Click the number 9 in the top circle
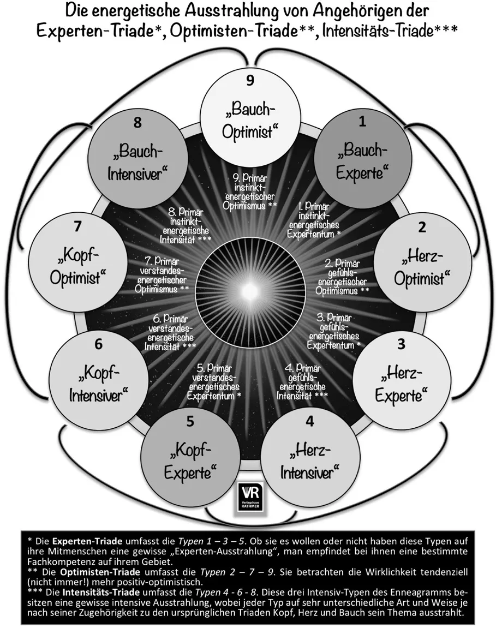pos(250,81)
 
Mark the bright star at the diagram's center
pos(249,287)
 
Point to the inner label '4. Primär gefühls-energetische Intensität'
pos(303,381)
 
